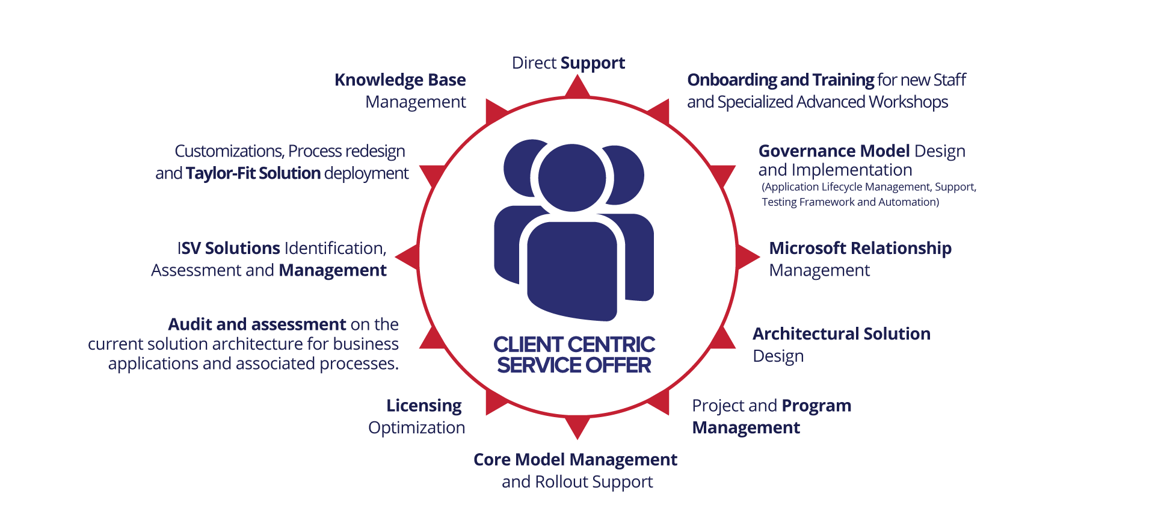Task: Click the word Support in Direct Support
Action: (x=593, y=63)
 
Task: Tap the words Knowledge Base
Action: (x=400, y=80)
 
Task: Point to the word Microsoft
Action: (x=807, y=248)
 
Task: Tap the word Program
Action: (x=816, y=406)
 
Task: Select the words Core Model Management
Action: (x=575, y=460)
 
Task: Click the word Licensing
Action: (x=424, y=406)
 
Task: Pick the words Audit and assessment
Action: (x=257, y=325)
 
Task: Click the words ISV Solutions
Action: (x=229, y=249)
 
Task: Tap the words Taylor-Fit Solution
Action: (x=253, y=173)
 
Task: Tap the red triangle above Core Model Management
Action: (x=577, y=426)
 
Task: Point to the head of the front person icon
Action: (x=572, y=177)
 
